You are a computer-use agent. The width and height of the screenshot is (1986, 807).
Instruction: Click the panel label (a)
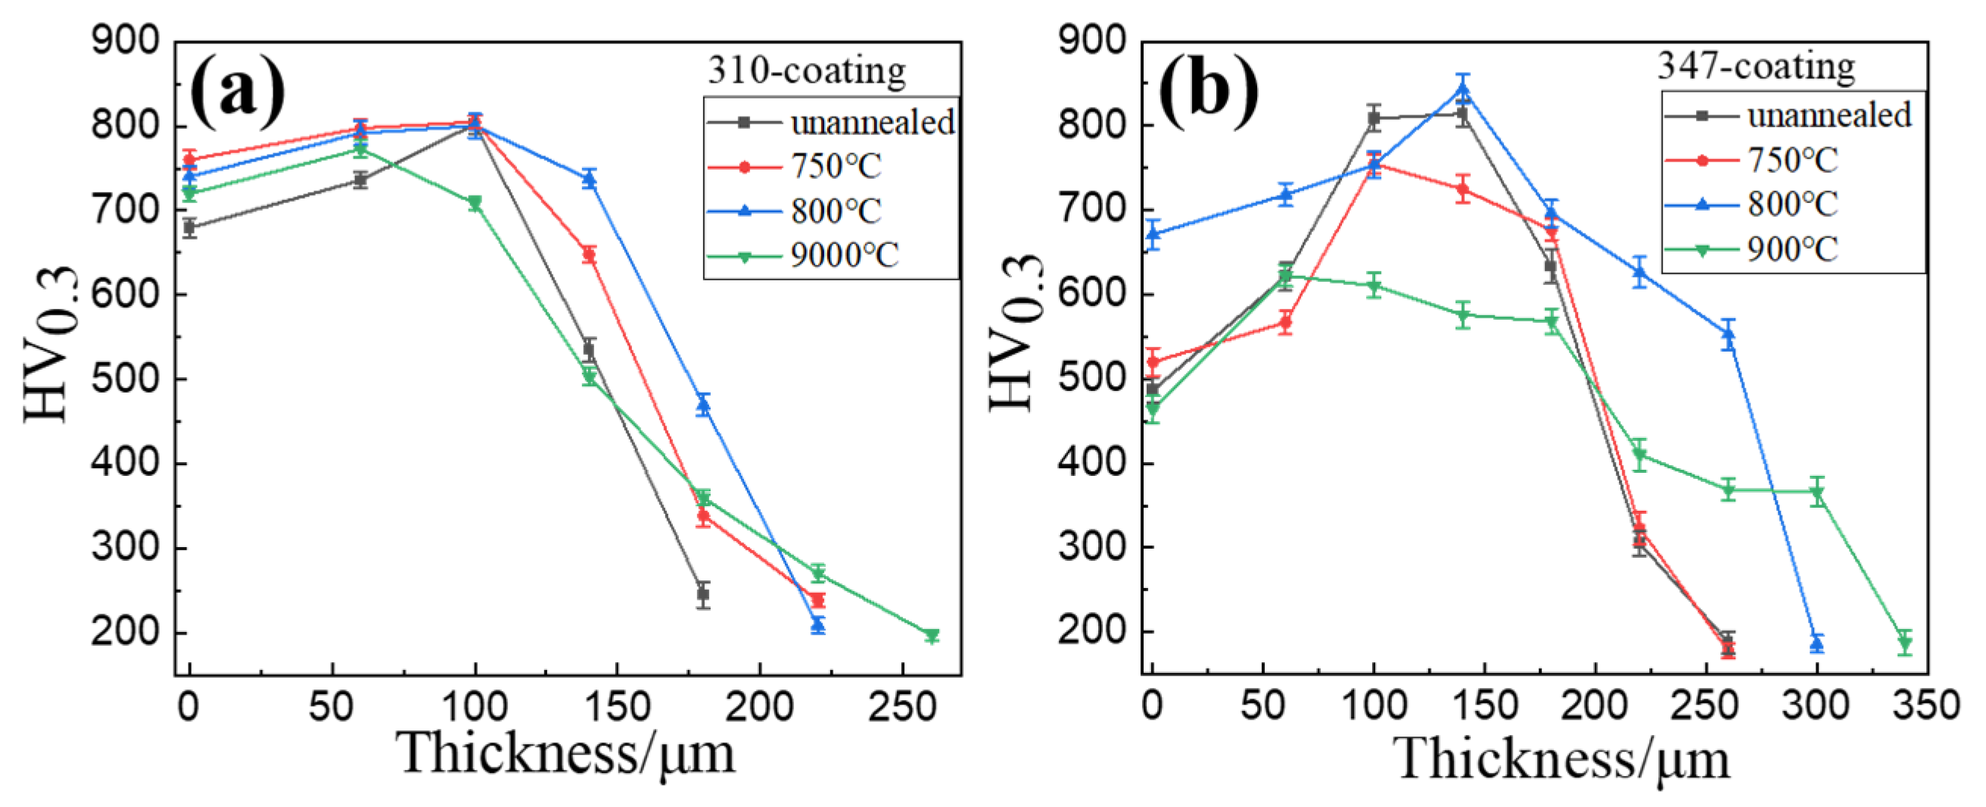pos(237,92)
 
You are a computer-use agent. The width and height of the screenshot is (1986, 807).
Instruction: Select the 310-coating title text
pos(806,71)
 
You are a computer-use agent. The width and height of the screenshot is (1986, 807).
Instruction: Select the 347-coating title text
pos(1756,67)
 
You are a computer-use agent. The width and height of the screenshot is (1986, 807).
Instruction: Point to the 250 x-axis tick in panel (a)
pos(902,707)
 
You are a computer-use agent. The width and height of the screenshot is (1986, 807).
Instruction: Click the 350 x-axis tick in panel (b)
pos(1927,705)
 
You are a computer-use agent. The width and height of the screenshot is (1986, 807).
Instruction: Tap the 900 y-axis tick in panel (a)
pos(126,40)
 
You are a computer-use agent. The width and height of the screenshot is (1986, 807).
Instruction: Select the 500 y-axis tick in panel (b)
pos(1092,378)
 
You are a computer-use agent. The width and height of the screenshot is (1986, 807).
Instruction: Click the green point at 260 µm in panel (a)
pos(932,636)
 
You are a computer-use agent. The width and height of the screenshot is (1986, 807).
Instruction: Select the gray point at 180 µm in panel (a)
pos(702,594)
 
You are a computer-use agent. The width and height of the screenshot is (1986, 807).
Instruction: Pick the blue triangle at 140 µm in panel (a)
pos(590,179)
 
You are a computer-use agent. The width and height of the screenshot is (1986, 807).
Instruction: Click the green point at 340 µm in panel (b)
pos(1905,643)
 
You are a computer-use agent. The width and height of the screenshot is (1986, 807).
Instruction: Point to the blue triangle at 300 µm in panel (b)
pos(1816,643)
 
